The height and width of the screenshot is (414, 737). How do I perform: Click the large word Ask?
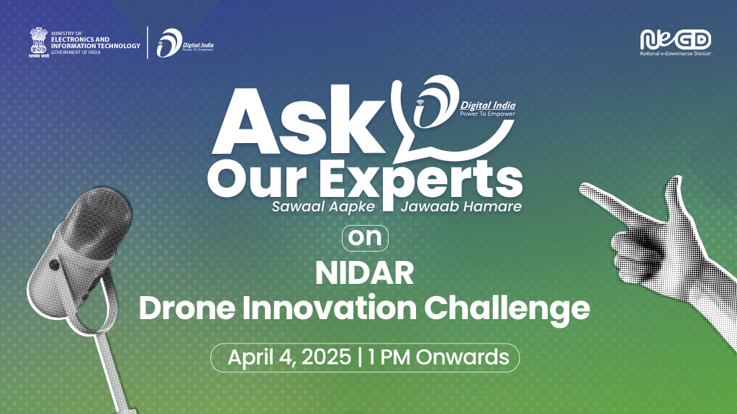coord(299,121)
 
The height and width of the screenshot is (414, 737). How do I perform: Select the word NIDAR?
coord(364,273)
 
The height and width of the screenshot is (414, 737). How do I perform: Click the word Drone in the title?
coord(186,308)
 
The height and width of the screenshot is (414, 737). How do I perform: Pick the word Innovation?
coord(330,308)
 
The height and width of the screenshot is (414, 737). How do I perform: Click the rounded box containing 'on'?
coord(365,238)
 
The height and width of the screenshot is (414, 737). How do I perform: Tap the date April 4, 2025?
coord(289,357)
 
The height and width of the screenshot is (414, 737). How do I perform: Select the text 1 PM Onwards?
coord(438,357)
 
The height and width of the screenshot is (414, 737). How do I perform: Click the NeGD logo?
coord(675,40)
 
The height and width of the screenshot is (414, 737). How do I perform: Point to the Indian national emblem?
coord(39,42)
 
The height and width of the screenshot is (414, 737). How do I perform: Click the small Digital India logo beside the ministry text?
coord(185,42)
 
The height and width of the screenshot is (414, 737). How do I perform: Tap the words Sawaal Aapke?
coord(323,207)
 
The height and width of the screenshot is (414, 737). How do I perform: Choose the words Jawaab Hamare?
coord(461,206)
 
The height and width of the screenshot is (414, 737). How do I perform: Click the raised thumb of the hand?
coord(675,196)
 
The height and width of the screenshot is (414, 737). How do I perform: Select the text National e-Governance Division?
coord(675,53)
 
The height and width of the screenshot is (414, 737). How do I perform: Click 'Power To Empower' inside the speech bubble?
coord(487,114)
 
